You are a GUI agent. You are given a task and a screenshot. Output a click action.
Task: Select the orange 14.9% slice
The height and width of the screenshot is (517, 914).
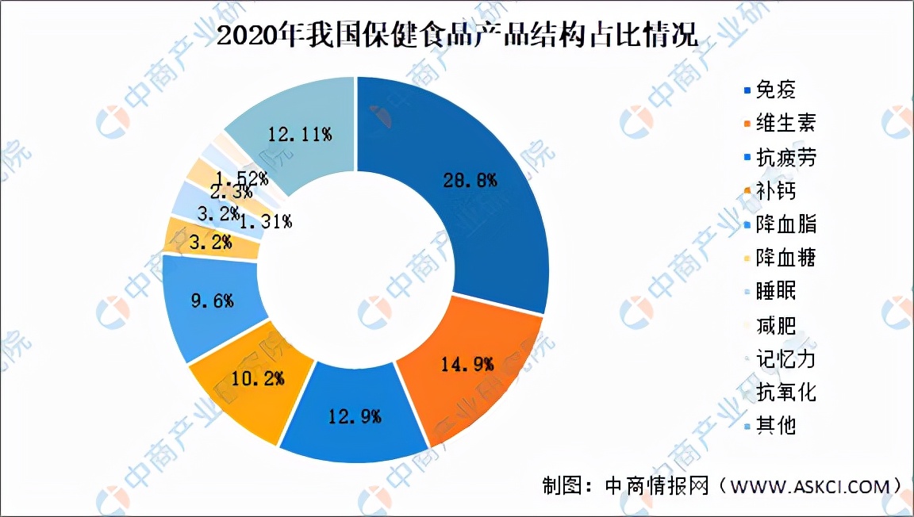pos(468,365)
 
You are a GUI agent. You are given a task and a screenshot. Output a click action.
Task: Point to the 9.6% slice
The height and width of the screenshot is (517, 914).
pos(210,301)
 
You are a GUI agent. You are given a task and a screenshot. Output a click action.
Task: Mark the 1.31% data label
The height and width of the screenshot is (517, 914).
pos(265,221)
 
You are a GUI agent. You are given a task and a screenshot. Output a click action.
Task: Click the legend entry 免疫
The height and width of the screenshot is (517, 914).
pos(774,90)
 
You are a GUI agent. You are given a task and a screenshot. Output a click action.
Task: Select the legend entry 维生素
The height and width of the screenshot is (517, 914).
pos(784,123)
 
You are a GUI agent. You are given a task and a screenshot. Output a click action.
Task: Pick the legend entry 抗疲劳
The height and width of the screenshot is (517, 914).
pos(784,157)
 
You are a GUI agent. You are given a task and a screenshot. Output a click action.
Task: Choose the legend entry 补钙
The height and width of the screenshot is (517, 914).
pos(774,190)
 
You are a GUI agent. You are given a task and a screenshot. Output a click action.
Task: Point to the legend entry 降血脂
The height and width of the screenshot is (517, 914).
pos(784,224)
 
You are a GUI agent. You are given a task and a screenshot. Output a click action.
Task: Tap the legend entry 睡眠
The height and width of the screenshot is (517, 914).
pos(774,290)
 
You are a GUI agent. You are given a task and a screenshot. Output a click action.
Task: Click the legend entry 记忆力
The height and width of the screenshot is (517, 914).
pos(784,358)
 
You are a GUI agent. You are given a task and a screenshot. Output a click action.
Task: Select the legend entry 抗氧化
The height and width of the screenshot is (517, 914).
pos(784,391)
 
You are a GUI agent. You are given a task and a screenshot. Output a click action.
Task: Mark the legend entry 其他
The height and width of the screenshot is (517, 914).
pos(774,425)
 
